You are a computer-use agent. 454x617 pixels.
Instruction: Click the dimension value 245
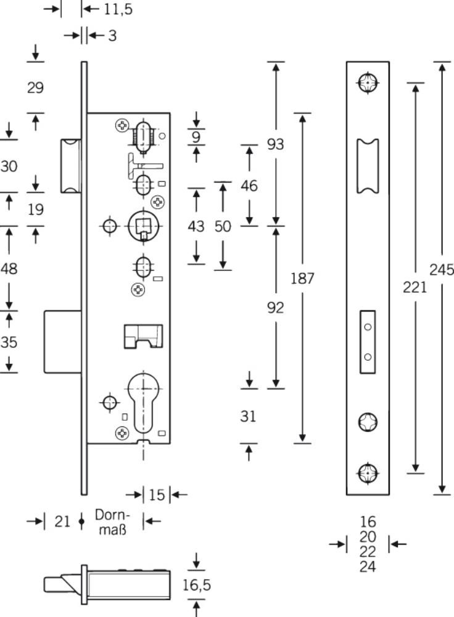[x=442, y=270]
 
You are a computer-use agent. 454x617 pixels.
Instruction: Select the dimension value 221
[x=415, y=288]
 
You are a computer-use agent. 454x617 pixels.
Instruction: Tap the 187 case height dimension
[x=302, y=278]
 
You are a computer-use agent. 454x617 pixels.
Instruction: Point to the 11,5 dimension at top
[x=118, y=9]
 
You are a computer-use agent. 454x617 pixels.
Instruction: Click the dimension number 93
[x=275, y=144]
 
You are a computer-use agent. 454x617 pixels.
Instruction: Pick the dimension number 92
[x=275, y=307]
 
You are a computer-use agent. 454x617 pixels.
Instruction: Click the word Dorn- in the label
[x=112, y=515]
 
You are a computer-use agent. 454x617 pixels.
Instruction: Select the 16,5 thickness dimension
[x=196, y=585]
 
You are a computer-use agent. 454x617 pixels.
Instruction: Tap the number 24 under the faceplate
[x=368, y=566]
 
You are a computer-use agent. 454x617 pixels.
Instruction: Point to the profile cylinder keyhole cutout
[x=144, y=402]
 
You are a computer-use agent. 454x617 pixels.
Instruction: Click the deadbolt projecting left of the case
[x=63, y=342]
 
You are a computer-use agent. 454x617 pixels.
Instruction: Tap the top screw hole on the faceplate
[x=368, y=83]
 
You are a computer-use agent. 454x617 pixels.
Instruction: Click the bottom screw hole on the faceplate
[x=368, y=473]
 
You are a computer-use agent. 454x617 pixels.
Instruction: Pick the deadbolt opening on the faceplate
[x=368, y=342]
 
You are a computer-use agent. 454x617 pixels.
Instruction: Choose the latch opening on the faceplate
[x=368, y=166]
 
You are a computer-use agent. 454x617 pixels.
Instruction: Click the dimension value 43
[x=196, y=226]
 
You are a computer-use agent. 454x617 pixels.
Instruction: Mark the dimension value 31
[x=248, y=416]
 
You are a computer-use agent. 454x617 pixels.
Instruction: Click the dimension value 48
[x=9, y=269]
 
